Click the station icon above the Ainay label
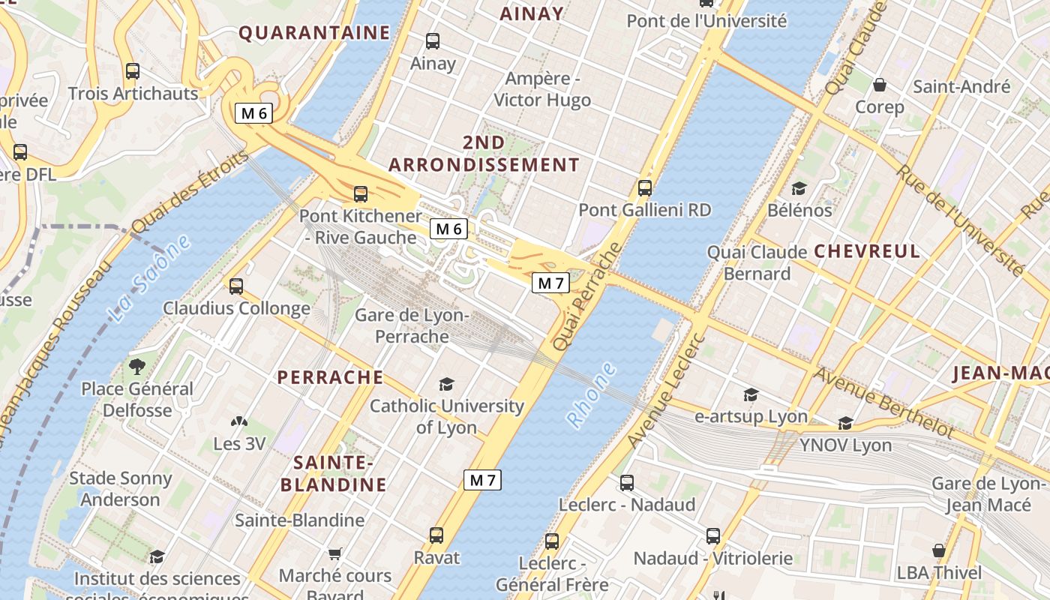pyautogui.click(x=433, y=41)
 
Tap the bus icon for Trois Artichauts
pyautogui.click(x=133, y=71)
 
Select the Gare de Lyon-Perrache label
pyautogui.click(x=412, y=325)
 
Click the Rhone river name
pyautogui.click(x=591, y=395)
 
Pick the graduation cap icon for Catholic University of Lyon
pyautogui.click(x=447, y=384)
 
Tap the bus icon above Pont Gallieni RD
pyautogui.click(x=644, y=188)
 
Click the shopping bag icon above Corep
pyautogui.click(x=879, y=85)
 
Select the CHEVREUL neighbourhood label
pyautogui.click(x=866, y=251)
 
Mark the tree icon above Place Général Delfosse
pyautogui.click(x=136, y=367)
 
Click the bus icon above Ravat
pyautogui.click(x=436, y=535)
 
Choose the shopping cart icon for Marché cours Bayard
pyautogui.click(x=335, y=553)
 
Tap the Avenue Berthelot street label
pyautogui.click(x=884, y=403)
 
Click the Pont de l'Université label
pyautogui.click(x=706, y=21)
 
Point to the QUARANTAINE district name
pyautogui.click(x=314, y=33)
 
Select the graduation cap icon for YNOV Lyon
pyautogui.click(x=845, y=424)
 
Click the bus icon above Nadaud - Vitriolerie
pyautogui.click(x=712, y=536)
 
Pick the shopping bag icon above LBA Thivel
pyautogui.click(x=938, y=551)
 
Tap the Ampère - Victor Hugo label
pyautogui.click(x=542, y=89)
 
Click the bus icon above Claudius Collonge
pyautogui.click(x=236, y=286)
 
